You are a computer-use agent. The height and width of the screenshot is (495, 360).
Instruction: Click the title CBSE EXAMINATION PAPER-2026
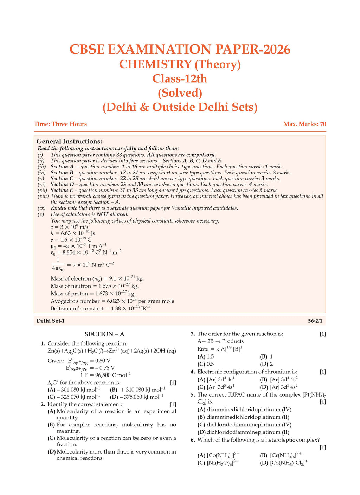(x=180, y=50)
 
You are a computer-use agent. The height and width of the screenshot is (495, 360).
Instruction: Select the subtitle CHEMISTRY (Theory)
(x=180, y=64)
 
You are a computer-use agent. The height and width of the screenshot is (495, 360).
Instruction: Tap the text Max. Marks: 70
(x=304, y=124)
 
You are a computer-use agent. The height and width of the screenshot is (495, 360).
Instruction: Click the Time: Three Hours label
(x=60, y=124)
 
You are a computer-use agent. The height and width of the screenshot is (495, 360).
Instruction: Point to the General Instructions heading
(x=69, y=141)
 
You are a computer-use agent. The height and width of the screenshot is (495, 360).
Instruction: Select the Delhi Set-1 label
(x=50, y=321)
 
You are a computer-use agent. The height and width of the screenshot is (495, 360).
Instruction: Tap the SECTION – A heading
(x=104, y=334)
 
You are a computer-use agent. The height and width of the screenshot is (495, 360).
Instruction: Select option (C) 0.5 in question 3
(x=206, y=364)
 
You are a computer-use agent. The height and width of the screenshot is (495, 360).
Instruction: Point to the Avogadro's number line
(x=112, y=301)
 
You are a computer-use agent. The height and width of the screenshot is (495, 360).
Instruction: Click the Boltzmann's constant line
(x=101, y=308)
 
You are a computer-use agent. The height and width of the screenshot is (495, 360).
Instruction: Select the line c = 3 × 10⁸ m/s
(x=69, y=227)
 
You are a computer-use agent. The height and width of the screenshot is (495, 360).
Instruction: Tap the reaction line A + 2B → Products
(x=220, y=341)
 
